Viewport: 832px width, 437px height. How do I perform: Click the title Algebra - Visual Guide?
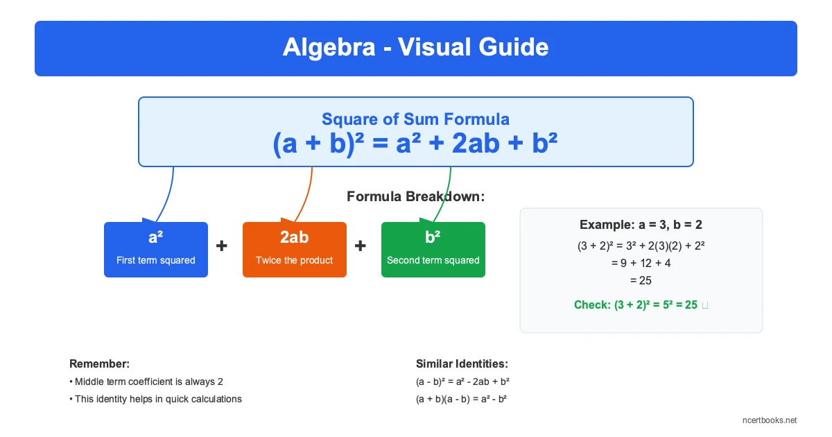pyautogui.click(x=415, y=48)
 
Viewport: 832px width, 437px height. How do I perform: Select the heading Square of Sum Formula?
pyautogui.click(x=415, y=119)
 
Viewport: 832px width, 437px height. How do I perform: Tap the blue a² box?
pyautogui.click(x=156, y=250)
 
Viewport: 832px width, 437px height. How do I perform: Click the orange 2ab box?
pyautogui.click(x=294, y=250)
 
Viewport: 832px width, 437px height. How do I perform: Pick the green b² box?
pyautogui.click(x=433, y=250)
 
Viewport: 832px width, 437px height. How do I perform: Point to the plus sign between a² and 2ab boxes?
pyautogui.click(x=222, y=246)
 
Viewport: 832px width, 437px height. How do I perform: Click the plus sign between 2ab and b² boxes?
pyautogui.click(x=361, y=246)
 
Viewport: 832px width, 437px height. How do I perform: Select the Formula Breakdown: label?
pyautogui.click(x=415, y=196)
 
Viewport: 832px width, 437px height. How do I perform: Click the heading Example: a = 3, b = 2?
pyautogui.click(x=641, y=225)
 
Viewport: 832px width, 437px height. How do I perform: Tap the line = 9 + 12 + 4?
pyautogui.click(x=641, y=263)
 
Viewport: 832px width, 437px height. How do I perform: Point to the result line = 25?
pyautogui.click(x=641, y=280)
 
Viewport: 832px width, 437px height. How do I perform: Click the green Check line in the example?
pyautogui.click(x=636, y=305)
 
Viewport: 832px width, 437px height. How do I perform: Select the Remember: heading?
pyautogui.click(x=99, y=363)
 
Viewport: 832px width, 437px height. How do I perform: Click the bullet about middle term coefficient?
pyautogui.click(x=146, y=382)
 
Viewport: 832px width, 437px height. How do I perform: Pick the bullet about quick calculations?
pyautogui.click(x=155, y=399)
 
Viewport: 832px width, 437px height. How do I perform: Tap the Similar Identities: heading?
pyautogui.click(x=462, y=363)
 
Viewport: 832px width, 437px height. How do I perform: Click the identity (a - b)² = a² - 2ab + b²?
pyautogui.click(x=463, y=382)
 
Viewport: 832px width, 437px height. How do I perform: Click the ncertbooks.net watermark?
pyautogui.click(x=769, y=420)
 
